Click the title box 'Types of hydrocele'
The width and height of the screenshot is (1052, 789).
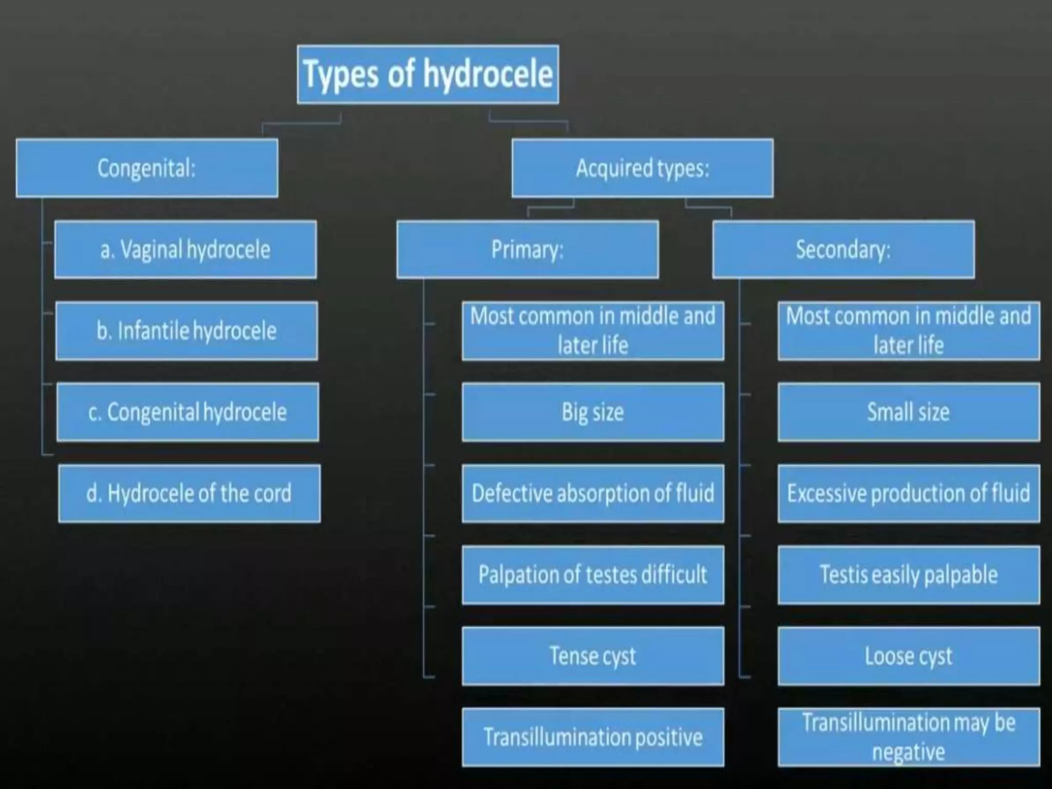pyautogui.click(x=427, y=74)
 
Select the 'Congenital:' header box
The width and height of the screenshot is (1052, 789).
pyautogui.click(x=147, y=168)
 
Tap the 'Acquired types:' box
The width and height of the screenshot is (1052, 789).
pyautogui.click(x=642, y=168)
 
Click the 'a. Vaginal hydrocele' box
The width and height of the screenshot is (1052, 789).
pyautogui.click(x=185, y=250)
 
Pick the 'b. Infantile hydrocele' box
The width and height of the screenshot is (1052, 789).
pyautogui.click(x=186, y=331)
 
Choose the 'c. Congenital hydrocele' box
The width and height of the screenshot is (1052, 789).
pyautogui.click(x=187, y=412)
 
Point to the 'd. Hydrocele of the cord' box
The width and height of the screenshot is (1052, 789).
pyautogui.click(x=189, y=494)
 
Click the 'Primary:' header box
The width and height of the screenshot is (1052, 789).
pyautogui.click(x=528, y=250)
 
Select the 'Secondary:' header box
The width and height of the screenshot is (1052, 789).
pyautogui.click(x=843, y=250)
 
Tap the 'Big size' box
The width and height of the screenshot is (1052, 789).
pyautogui.click(x=593, y=412)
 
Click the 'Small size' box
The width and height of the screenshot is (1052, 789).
pyautogui.click(x=909, y=412)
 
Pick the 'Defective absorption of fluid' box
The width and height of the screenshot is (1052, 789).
pyautogui.click(x=593, y=494)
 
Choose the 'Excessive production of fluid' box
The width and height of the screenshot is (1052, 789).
pyautogui.click(x=909, y=494)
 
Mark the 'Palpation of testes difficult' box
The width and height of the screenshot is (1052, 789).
pyautogui.click(x=593, y=575)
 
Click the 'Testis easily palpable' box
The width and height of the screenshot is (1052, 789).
pyautogui.click(x=909, y=575)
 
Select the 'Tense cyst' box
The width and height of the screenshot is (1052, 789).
pyautogui.click(x=593, y=656)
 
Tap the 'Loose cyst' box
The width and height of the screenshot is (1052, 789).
pyautogui.click(x=909, y=656)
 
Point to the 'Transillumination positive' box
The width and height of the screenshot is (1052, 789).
pyautogui.click(x=593, y=737)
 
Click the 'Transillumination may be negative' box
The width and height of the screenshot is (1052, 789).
pyautogui.click(x=909, y=737)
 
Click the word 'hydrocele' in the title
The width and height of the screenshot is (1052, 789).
pyautogui.click(x=488, y=74)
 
